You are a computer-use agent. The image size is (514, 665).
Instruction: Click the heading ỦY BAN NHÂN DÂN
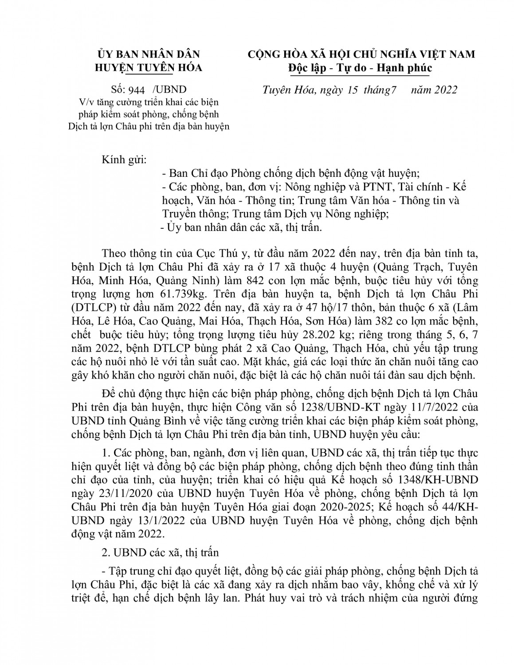(x=149, y=54)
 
